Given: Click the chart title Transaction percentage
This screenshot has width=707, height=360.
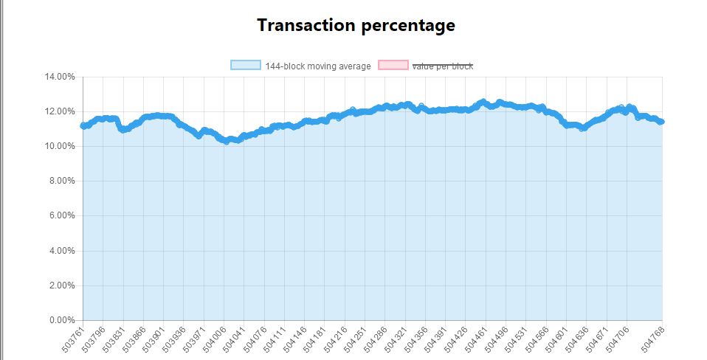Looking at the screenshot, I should (x=356, y=25).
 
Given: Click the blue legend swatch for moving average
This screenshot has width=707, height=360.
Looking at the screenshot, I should (x=245, y=66).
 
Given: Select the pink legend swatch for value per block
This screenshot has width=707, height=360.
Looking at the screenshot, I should (x=393, y=66).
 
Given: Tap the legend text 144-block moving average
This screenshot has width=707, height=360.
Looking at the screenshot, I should (x=318, y=66).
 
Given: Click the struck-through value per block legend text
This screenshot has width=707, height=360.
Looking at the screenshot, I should (x=442, y=66).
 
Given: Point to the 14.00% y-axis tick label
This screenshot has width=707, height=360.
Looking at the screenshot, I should (x=60, y=77).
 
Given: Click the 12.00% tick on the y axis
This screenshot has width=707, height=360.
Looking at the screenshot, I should (x=60, y=111).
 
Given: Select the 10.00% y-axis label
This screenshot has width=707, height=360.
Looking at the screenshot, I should (x=60, y=146).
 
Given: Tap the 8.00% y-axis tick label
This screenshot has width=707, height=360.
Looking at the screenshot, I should (x=62, y=181).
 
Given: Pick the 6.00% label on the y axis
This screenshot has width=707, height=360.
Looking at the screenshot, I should (x=62, y=216).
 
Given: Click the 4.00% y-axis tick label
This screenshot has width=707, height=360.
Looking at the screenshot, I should (x=62, y=251).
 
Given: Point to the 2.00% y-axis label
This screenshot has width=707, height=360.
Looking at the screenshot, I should (x=62, y=285).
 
